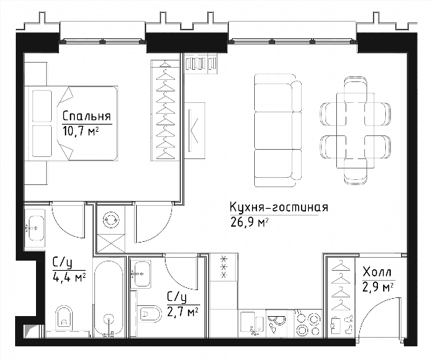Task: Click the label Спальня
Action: [87, 116]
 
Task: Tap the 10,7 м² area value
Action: [81, 131]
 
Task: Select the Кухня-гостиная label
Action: [279, 207]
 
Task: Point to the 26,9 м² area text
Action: [249, 222]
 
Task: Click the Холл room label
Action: [377, 272]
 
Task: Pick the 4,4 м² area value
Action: [69, 277]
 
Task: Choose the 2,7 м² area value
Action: [184, 312]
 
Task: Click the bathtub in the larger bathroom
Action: [109, 297]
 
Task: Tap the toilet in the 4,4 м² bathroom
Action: [64, 319]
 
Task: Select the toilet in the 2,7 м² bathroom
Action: [150, 313]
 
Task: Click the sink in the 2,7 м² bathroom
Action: [141, 274]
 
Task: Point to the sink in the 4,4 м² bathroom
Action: [35, 228]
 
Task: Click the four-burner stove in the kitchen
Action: [307, 323]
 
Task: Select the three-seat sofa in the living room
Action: [278, 130]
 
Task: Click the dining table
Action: [355, 130]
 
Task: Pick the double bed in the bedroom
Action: [71, 123]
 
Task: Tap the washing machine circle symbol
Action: [112, 220]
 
